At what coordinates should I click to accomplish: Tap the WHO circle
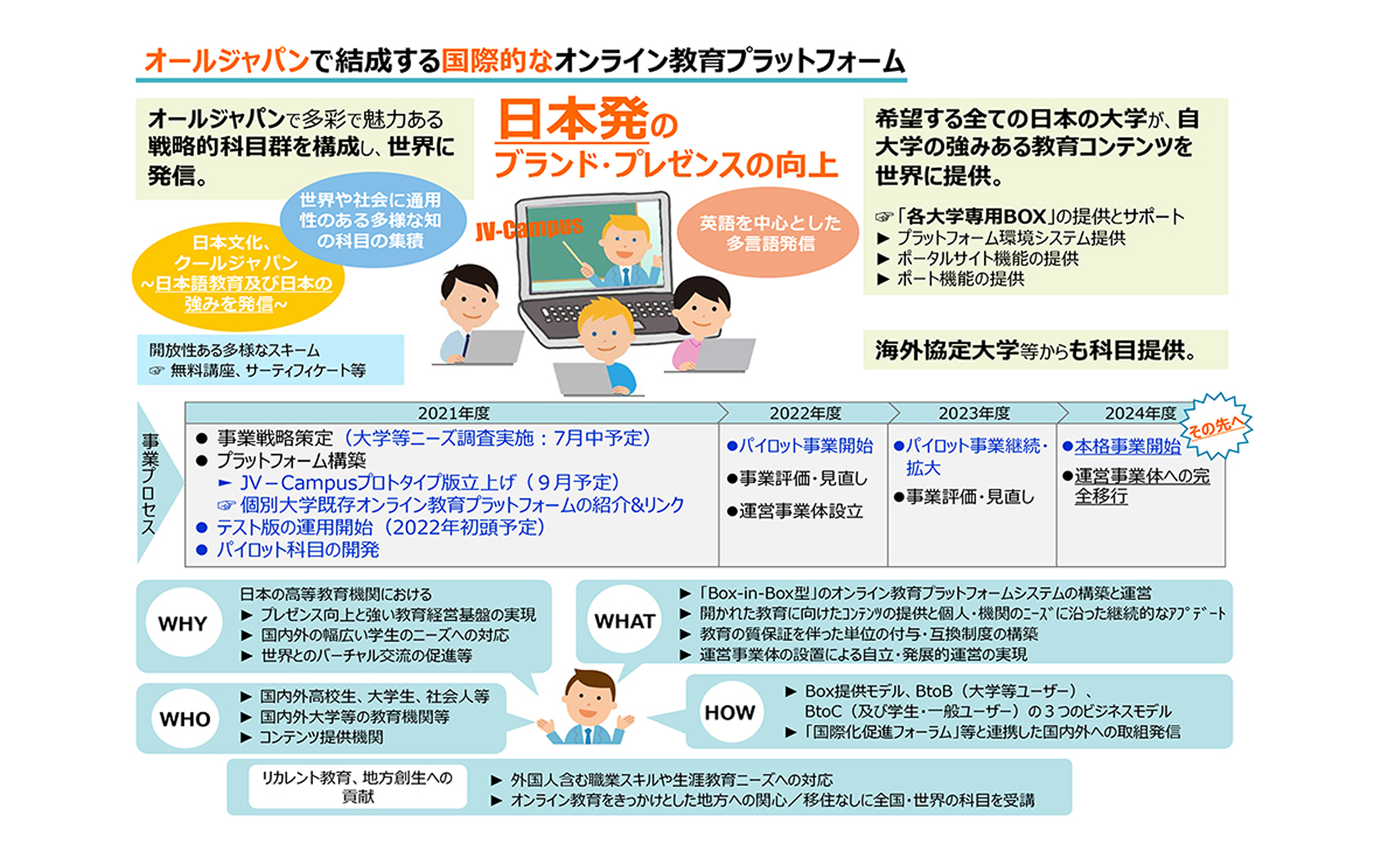[x=185, y=719]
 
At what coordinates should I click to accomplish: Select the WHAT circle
[x=624, y=621]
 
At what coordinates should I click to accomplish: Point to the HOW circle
[x=730, y=712]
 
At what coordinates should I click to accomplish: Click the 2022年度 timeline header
[x=805, y=413]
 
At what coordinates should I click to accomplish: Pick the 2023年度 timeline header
[x=974, y=413]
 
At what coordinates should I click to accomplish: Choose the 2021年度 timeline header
[x=454, y=413]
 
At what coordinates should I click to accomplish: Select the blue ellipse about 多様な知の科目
[x=373, y=219]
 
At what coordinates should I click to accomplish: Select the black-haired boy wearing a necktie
[x=468, y=313]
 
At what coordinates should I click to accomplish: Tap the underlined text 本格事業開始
[x=1128, y=446]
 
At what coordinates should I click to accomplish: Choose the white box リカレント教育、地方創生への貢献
[x=357, y=786]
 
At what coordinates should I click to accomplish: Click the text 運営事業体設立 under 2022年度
[x=801, y=511]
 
